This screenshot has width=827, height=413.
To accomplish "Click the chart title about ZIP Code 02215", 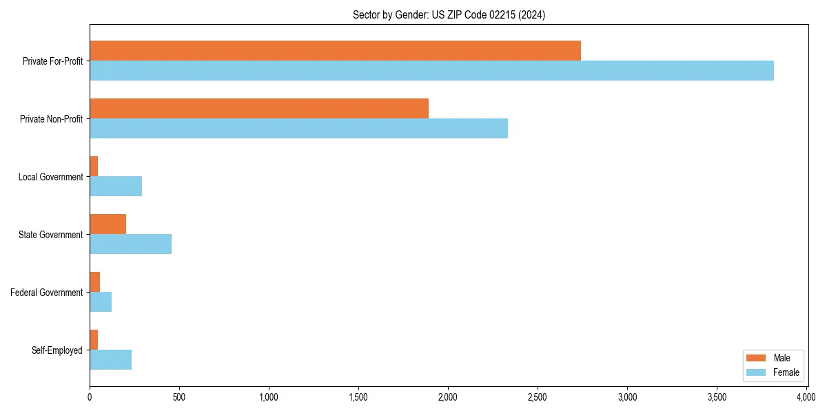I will [448, 15].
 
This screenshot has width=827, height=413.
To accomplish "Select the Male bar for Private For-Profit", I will [335, 51].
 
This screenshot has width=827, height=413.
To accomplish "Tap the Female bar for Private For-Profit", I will [431, 71].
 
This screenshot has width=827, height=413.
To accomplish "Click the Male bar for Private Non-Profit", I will [259, 109].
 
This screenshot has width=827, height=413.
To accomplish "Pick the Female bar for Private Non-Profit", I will [298, 129].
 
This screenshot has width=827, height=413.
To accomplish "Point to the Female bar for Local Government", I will [116, 187].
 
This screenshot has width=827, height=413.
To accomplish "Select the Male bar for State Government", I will [108, 224].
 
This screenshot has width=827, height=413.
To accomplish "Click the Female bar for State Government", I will [130, 244].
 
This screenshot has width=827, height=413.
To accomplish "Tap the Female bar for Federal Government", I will [101, 302].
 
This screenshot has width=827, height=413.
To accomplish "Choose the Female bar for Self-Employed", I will [110, 360].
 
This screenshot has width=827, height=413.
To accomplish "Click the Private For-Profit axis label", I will [52, 61].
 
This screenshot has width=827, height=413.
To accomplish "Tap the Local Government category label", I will [50, 177].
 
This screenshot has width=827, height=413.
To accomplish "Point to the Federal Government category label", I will [47, 293].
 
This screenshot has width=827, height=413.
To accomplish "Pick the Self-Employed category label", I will [57, 350].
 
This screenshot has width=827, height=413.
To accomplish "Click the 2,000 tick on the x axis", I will [448, 397].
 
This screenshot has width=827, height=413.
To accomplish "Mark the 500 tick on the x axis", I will [179, 397].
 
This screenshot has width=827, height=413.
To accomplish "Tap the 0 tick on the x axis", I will [90, 397].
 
